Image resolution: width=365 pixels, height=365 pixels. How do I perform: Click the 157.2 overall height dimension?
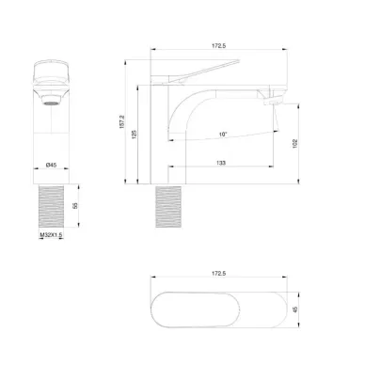coord(122,121)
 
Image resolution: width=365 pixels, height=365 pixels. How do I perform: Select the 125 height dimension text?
coord(135,135)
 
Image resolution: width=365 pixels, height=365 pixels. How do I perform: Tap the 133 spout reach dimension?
coord(221,163)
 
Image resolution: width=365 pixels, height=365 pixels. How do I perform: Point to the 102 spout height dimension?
coord(294,143)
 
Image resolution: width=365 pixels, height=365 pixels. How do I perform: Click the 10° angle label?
coord(223,135)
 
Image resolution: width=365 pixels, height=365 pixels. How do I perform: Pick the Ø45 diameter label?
coord(51,165)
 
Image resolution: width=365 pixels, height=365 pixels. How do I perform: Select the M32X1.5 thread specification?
coord(51,235)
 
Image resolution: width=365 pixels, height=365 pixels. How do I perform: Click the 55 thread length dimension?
coord(75,206)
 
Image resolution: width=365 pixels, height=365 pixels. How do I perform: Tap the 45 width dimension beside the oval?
coord(294,309)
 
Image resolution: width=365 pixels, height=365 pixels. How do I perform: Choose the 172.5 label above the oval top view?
coord(218,274)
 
